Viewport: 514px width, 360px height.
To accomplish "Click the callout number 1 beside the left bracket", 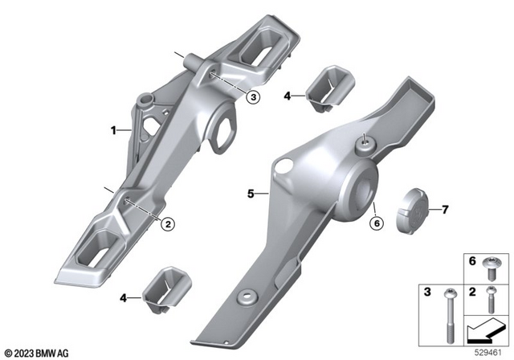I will pos(114,129).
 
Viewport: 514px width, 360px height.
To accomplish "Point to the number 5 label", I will pos(251,194).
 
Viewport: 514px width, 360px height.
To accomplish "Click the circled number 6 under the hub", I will pos(374,225).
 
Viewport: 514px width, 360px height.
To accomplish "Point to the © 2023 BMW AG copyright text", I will pos(38,352).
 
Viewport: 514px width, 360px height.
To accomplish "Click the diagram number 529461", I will pos(489,351).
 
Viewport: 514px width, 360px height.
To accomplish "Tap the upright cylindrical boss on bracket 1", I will pos(145,102).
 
